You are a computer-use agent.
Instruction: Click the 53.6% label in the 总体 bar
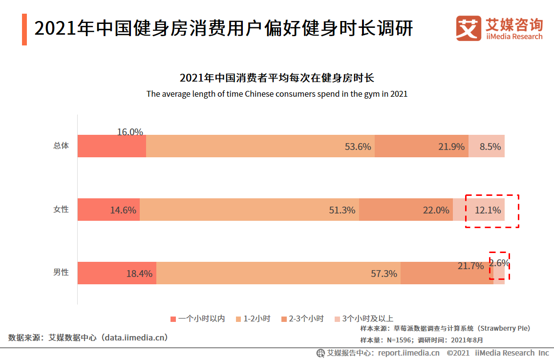coord(358,147)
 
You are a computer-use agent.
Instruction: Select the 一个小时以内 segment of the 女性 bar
coord(108,210)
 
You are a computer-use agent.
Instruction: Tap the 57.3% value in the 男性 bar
coord(384,274)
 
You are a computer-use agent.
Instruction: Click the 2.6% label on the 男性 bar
coord(499,263)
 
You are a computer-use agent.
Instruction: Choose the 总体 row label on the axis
coord(61,146)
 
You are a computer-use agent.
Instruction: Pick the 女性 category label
coord(61,209)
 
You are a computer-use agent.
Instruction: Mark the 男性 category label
coord(61,273)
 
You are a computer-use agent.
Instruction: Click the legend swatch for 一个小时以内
coord(173,319)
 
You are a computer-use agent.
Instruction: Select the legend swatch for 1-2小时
coord(238,319)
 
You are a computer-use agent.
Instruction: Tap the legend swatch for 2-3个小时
coord(284,319)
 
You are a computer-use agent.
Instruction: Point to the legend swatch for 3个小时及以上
coord(337,319)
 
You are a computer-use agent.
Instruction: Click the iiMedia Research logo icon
coord(469,28)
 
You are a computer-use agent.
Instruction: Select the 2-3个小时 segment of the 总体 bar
coord(421,146)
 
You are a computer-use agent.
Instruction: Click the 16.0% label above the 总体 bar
coord(130,132)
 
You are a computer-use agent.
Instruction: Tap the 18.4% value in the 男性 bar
coord(140,274)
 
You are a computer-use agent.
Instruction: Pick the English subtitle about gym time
coord(277,94)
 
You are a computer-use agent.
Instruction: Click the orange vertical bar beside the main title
coord(24,29)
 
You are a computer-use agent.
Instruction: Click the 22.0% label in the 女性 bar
coord(436,210)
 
